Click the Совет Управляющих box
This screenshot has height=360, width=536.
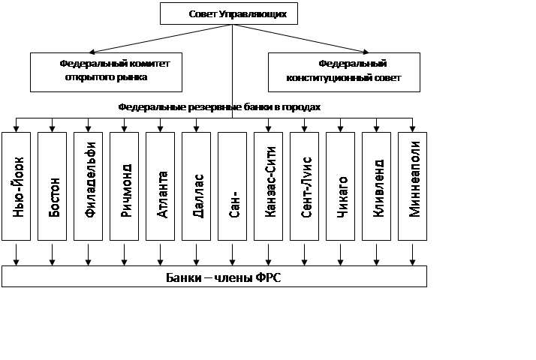coord(229,13)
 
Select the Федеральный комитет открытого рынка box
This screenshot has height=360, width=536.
coord(106,72)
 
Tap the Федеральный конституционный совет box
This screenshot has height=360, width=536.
coord(344,72)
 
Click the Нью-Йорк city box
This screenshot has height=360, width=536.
coord(16,187)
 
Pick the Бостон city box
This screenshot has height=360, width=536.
coord(52,187)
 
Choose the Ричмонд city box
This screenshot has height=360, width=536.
coord(124,187)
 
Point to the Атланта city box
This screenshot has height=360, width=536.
coord(161,187)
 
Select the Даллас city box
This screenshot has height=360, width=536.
coord(196,187)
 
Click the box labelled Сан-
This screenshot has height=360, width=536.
coord(233,187)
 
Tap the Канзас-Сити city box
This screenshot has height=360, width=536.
coord(268,187)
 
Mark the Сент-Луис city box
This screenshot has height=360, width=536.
coord(304,187)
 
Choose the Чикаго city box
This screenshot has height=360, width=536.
coord(341,187)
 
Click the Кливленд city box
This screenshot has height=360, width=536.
coord(376,187)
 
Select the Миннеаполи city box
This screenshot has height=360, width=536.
coord(413,187)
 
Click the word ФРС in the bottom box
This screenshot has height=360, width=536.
coord(268,277)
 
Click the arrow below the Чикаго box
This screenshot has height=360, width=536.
coord(341,254)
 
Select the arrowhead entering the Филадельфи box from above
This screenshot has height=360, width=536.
coord(88,129)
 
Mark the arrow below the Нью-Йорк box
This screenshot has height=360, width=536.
coord(16,254)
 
